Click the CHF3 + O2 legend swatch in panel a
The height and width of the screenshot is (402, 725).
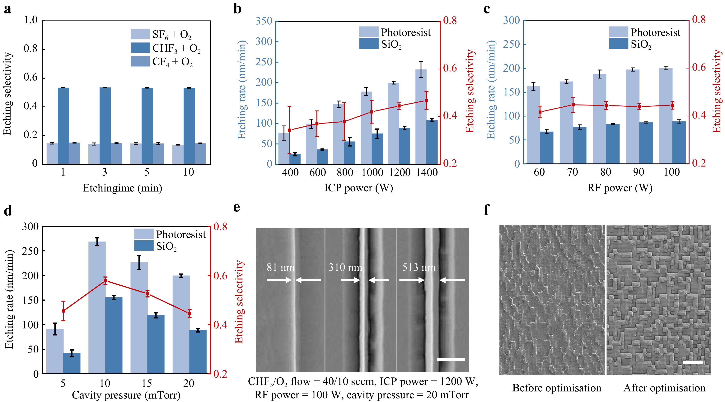(140, 48)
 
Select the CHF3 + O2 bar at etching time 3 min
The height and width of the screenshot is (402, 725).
(105, 125)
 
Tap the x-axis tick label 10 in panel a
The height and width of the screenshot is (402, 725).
(189, 172)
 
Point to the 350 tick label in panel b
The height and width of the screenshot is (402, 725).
(264, 21)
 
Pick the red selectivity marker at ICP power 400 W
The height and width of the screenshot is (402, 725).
(290, 130)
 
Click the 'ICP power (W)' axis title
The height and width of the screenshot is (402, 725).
(358, 188)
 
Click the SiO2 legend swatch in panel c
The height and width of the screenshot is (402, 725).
(618, 44)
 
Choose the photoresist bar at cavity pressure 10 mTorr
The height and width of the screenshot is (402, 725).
(97, 308)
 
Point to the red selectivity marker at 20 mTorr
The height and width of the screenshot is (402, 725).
(189, 313)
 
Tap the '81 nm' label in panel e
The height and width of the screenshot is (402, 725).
(280, 267)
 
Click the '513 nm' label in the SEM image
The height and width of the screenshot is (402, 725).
(419, 267)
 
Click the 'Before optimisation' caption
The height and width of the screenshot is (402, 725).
(556, 388)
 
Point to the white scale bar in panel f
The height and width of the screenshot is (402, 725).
(692, 363)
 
